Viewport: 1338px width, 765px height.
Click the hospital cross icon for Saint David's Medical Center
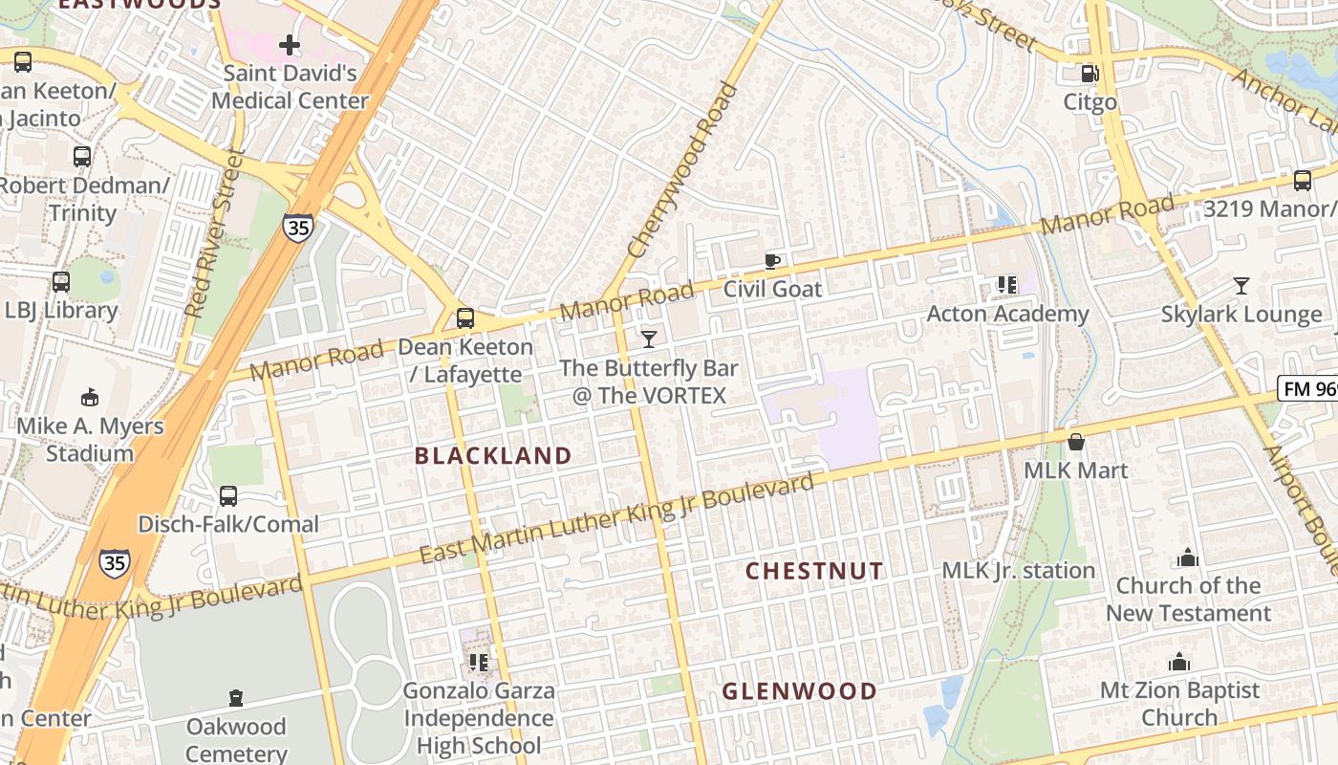290,45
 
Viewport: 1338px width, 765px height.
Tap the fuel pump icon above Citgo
1089,74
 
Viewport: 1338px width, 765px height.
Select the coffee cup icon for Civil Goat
772,261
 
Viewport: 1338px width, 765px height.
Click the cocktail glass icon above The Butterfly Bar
649,339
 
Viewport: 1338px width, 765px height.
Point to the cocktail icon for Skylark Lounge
1241,286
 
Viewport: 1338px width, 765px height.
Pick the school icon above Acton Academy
1006,285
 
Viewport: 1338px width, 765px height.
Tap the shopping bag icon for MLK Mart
1076,442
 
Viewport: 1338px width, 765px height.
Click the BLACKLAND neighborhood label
493,456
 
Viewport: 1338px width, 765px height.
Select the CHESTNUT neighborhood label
814,571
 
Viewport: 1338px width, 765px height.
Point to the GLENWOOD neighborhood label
799,691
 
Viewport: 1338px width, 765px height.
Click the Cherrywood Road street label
684,170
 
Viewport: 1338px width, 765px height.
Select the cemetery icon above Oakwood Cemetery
236,699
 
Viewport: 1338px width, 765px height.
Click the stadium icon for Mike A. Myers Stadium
90,397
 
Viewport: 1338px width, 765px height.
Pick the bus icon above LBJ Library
61,282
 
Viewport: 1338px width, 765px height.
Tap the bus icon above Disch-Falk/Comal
227,496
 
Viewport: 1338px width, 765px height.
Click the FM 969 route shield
1308,389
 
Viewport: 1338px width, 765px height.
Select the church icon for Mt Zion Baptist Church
1178,662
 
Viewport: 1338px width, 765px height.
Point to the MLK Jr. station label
1018,571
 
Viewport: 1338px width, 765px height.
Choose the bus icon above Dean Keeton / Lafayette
465,318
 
